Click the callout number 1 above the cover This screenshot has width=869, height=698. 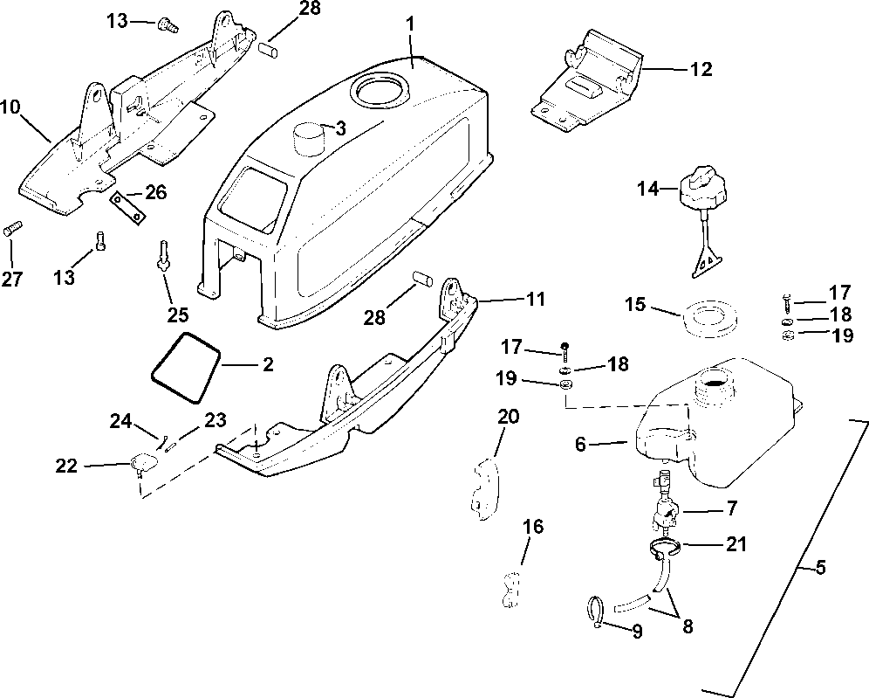[x=411, y=24]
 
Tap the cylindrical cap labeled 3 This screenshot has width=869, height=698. [x=308, y=138]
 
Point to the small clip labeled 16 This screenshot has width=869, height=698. [x=510, y=589]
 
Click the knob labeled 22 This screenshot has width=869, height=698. [x=141, y=461]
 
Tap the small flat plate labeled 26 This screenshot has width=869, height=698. [x=126, y=207]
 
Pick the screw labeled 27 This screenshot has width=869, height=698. [x=12, y=230]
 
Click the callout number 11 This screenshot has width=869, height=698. [x=536, y=301]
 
